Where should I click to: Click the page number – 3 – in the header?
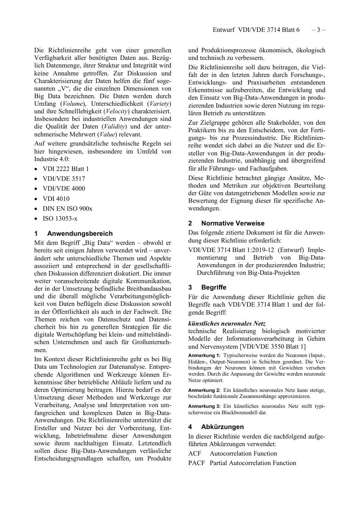click(x=318, y=30)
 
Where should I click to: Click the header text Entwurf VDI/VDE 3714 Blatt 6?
click(x=256, y=30)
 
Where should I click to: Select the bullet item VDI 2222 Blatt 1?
click(x=66, y=169)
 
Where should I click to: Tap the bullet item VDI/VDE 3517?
click(x=64, y=179)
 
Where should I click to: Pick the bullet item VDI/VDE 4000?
click(x=64, y=189)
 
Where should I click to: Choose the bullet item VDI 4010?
click(x=56, y=199)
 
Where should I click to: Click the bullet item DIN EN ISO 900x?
click(x=67, y=209)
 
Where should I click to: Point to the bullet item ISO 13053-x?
click(x=60, y=219)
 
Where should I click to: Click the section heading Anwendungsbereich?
click(x=80, y=234)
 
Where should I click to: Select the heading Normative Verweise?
click(x=233, y=224)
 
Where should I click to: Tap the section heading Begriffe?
click(x=214, y=288)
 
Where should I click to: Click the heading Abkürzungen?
click(x=222, y=427)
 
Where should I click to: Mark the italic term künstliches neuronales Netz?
click(x=227, y=324)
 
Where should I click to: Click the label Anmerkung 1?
click(x=204, y=356)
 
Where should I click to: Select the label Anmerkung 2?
click(x=204, y=390)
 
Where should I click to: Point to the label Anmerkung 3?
click(x=204, y=406)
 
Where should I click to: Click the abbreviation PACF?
click(x=196, y=463)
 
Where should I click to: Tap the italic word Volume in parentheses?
click(x=73, y=104)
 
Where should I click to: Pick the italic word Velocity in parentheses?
click(x=116, y=111)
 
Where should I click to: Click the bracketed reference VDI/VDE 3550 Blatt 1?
click(x=273, y=346)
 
